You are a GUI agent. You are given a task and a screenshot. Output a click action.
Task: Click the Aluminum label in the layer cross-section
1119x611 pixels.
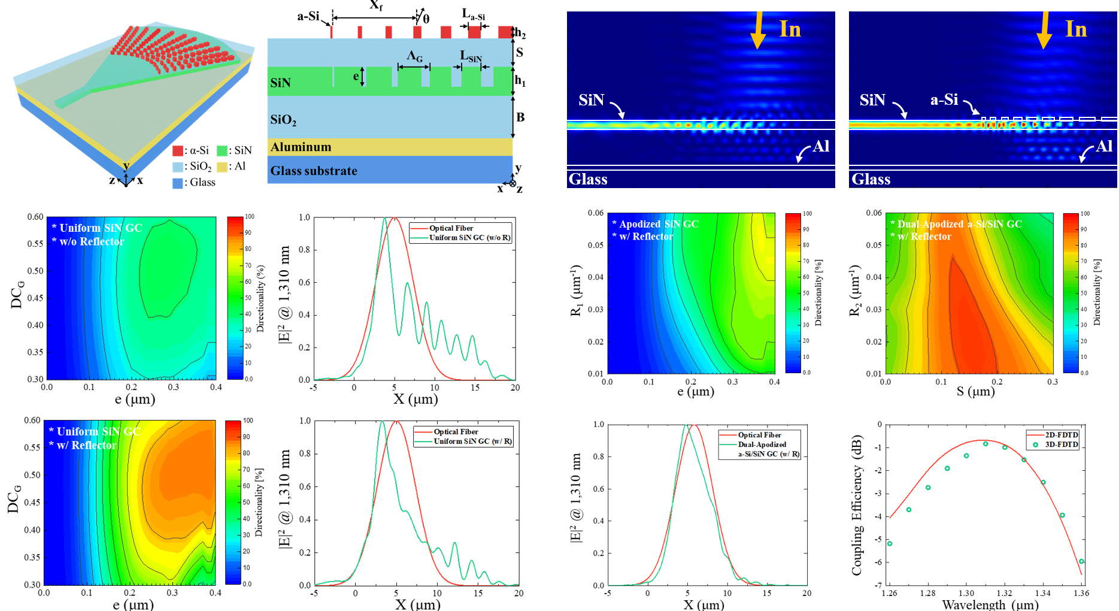[x=301, y=147]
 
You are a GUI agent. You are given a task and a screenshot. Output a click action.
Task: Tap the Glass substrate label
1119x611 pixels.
[x=314, y=171]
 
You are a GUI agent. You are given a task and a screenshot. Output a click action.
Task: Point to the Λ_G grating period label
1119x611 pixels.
[x=414, y=56]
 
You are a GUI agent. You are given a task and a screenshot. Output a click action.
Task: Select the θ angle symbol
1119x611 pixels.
[x=426, y=19]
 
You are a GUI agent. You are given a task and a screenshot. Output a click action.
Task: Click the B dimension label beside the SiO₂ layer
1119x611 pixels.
[x=520, y=117]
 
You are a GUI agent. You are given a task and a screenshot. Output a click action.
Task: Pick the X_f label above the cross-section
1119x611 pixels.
[x=376, y=5]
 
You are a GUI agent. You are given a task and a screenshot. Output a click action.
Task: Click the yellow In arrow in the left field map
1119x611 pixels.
[x=758, y=30]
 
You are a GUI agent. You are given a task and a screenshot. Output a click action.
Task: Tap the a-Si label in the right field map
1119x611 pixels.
[x=944, y=100]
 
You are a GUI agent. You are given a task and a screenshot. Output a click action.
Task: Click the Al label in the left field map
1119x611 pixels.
[x=821, y=146]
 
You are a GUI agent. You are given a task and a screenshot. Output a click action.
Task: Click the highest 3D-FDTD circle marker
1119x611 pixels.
[x=985, y=444]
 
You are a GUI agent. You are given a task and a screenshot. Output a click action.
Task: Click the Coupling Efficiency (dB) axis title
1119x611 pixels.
[x=857, y=505]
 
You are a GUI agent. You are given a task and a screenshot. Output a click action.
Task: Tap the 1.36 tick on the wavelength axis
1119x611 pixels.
[x=1081, y=593]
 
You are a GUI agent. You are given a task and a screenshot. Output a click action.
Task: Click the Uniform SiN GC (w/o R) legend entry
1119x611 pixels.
[x=469, y=238]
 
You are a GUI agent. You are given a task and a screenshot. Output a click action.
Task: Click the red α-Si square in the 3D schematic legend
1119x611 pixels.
[x=178, y=150]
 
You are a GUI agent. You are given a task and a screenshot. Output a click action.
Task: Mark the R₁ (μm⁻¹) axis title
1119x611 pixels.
[x=576, y=290]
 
